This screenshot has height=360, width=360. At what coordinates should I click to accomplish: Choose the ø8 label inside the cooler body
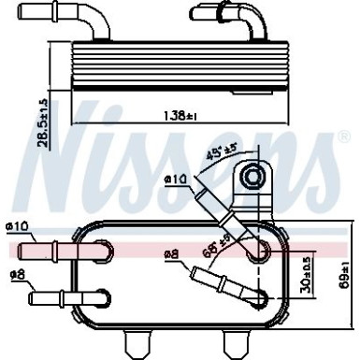[172, 252]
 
